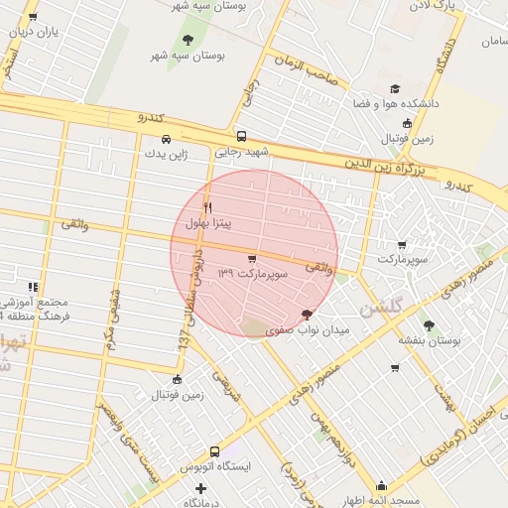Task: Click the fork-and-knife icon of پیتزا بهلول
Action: click(x=207, y=207)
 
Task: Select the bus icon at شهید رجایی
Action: click(x=241, y=137)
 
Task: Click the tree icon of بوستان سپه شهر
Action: click(x=188, y=40)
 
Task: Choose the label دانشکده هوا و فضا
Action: click(x=396, y=102)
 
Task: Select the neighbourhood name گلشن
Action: click(x=382, y=309)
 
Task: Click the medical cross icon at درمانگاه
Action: click(x=201, y=488)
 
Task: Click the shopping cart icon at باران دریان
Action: click(x=33, y=17)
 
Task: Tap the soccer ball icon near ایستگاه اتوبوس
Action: click(x=178, y=379)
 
